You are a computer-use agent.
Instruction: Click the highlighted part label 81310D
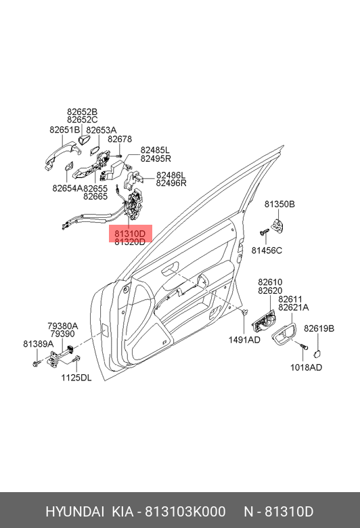tap(130, 234)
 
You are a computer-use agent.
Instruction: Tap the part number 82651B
tap(65, 130)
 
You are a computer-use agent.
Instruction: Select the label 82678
tap(120, 139)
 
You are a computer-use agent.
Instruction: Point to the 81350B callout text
tap(279, 204)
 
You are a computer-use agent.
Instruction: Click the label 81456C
tap(267, 250)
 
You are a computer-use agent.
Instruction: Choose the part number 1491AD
tap(244, 340)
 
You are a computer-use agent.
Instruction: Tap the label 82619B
tap(319, 328)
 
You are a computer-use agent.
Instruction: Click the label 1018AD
tap(306, 368)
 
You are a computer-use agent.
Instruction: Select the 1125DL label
tap(76, 378)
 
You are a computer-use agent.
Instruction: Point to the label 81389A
tap(39, 344)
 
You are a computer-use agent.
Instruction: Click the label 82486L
tap(171, 175)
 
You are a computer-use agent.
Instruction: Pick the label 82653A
tap(102, 130)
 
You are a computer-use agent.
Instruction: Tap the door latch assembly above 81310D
tap(135, 204)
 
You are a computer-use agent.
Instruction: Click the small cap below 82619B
tap(317, 353)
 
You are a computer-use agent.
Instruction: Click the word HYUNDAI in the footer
tap(74, 512)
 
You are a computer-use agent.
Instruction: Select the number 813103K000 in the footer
tap(185, 512)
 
